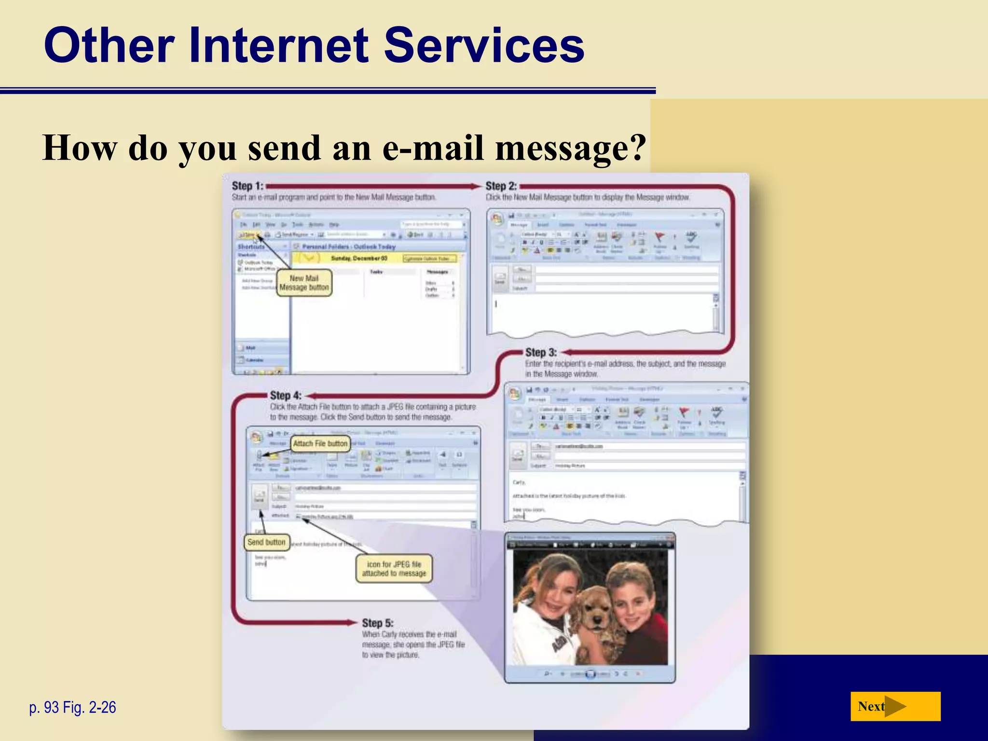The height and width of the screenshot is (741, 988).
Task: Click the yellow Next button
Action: [x=895, y=706]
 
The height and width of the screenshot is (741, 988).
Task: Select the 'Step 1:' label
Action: [x=247, y=186]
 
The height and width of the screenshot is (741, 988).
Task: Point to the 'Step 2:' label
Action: [x=501, y=186]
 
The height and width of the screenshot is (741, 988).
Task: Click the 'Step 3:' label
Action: [x=541, y=352]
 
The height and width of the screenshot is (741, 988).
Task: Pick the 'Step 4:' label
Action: [x=286, y=396]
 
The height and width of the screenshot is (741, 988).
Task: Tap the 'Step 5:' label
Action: [x=378, y=623]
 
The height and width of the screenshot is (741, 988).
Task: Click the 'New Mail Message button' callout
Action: [x=304, y=283]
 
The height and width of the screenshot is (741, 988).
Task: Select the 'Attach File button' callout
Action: [x=320, y=443]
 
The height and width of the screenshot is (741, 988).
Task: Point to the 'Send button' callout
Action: [x=266, y=542]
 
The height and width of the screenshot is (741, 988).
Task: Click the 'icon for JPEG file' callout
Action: [x=394, y=569]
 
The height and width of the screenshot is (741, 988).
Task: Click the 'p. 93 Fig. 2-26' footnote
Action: [x=73, y=707]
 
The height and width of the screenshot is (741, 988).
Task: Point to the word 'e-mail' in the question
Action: [x=433, y=148]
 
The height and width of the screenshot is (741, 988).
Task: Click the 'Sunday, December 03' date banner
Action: [x=359, y=258]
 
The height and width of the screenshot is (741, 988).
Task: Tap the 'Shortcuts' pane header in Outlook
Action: [x=251, y=247]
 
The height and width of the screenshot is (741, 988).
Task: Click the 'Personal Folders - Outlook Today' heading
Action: [x=349, y=247]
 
